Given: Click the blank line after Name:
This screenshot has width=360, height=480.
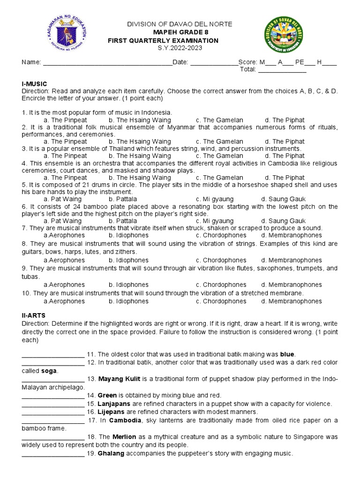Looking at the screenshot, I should (107, 63).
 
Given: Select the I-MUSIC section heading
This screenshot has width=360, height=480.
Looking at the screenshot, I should (35, 83).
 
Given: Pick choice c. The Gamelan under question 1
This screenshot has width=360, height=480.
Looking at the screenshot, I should (219, 120).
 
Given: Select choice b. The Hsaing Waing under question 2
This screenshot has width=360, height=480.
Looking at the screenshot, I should (140, 142).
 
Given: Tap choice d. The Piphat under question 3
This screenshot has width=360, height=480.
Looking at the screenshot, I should (285, 156).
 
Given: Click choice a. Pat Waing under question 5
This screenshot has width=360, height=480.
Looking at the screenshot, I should (62, 199).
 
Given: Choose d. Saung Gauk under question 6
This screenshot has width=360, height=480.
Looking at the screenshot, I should (283, 221).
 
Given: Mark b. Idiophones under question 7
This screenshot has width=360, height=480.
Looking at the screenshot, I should (128, 235).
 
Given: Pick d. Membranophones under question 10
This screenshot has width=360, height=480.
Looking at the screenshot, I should (292, 301).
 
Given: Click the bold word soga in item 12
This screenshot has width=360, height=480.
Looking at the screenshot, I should (49, 371).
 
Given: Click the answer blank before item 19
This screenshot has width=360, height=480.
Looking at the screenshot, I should (53, 454).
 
